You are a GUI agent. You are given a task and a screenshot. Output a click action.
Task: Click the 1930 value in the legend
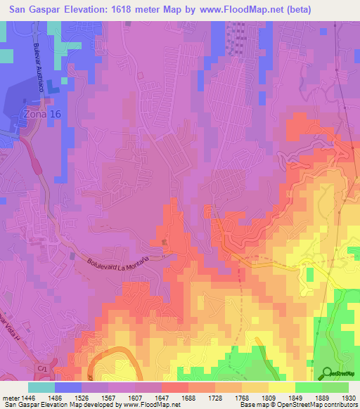(347, 397)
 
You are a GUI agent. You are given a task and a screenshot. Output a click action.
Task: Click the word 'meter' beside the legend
(12, 397)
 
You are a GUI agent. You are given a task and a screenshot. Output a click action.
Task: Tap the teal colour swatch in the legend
(41, 387)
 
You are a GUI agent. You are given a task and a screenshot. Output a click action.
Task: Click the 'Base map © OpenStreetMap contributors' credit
(298, 405)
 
